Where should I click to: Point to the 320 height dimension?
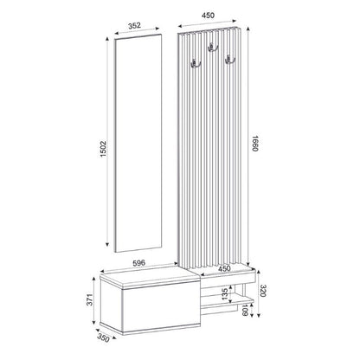272,290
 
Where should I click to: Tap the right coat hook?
230,59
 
